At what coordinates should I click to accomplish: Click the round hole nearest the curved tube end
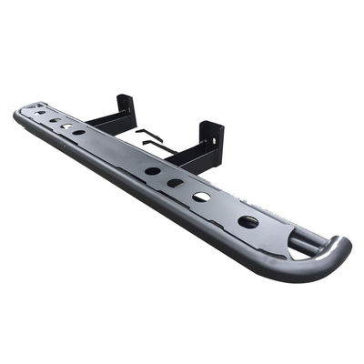coord(248,221)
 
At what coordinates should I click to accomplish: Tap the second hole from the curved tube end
coord(201,197)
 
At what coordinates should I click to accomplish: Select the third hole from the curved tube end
coord(175,183)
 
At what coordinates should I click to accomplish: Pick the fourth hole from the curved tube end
coord(152,170)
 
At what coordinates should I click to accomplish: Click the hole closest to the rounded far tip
coord(40,113)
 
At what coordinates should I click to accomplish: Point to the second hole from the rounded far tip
coord(55,120)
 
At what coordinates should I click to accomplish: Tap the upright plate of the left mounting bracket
coord(125,107)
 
